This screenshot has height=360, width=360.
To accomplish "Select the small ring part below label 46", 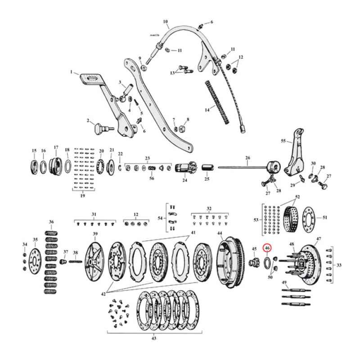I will click(x=267, y=262).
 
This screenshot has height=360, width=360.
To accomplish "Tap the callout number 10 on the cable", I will click(x=165, y=21).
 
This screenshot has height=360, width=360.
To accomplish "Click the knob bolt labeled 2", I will click(x=99, y=129).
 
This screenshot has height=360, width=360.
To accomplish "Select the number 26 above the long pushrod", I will click(x=247, y=157).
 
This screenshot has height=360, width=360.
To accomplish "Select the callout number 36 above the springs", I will click(x=51, y=222).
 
